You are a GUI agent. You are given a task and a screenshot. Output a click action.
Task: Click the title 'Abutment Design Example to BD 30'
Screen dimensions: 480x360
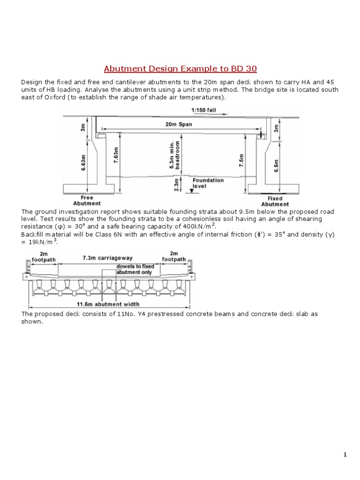180,69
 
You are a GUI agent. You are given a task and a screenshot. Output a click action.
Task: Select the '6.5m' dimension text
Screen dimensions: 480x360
276,165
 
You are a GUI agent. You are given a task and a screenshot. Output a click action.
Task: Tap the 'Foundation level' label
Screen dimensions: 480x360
208,183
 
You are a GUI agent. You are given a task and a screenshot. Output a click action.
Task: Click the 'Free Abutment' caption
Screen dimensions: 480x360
87,201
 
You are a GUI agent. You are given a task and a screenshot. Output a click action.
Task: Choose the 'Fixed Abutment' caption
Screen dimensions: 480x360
275,201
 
